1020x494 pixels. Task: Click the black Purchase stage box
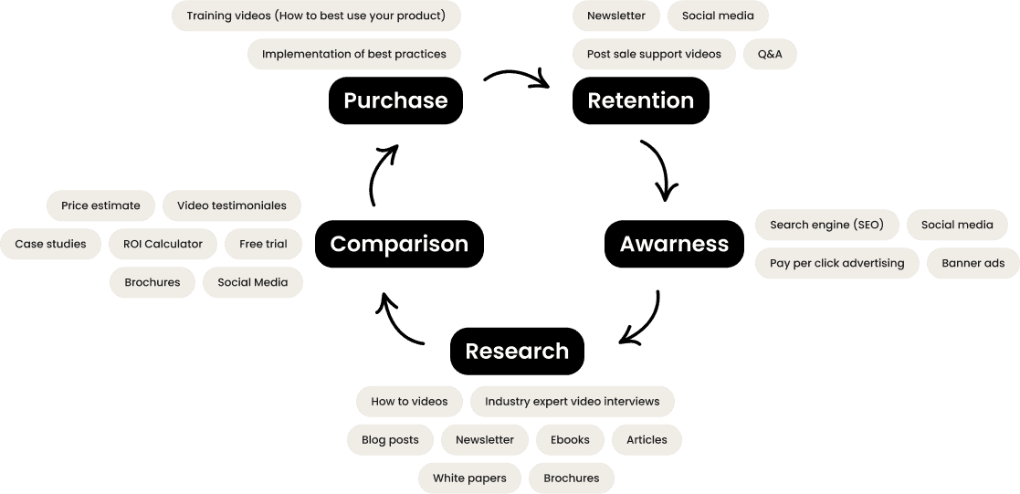[395, 100]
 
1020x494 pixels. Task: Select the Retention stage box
[640, 100]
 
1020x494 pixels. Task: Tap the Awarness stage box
[674, 244]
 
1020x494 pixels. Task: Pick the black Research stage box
[517, 351]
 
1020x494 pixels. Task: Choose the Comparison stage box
[399, 244]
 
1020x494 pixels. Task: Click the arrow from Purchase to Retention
[517, 78]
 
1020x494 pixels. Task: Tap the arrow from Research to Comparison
[399, 319]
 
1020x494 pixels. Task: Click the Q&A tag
[770, 54]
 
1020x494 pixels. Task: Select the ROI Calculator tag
[163, 244]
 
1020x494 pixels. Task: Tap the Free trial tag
[263, 244]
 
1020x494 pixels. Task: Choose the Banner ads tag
[966, 263]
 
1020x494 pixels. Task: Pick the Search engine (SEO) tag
[826, 225]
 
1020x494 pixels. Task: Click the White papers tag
[470, 478]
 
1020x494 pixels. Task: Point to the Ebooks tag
[570, 439]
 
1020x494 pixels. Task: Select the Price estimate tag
[100, 205]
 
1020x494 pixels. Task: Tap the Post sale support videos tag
[654, 54]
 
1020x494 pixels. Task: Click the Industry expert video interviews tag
[572, 401]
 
